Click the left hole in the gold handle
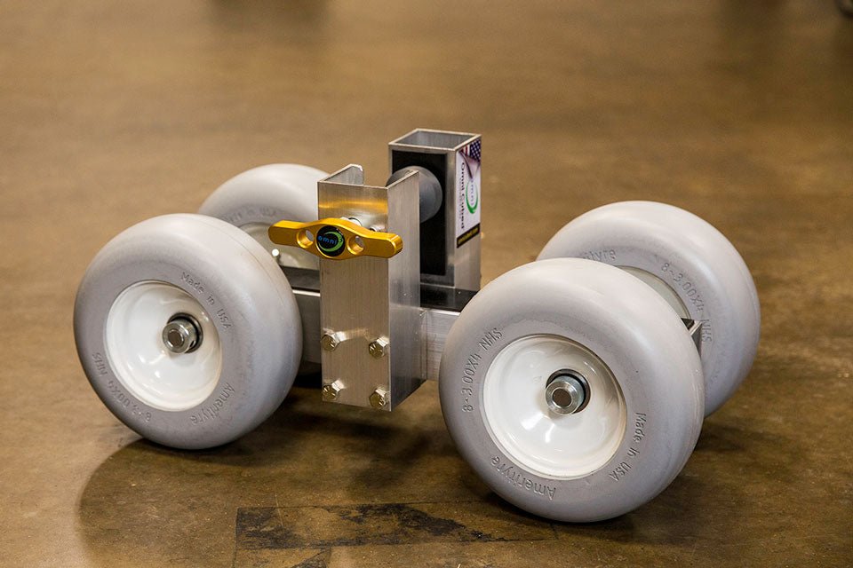[x=305, y=237]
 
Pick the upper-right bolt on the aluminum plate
[x=378, y=347]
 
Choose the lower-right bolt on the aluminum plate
[x=379, y=398]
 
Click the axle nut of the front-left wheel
[x=180, y=334]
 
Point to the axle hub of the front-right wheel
[x=565, y=393]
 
